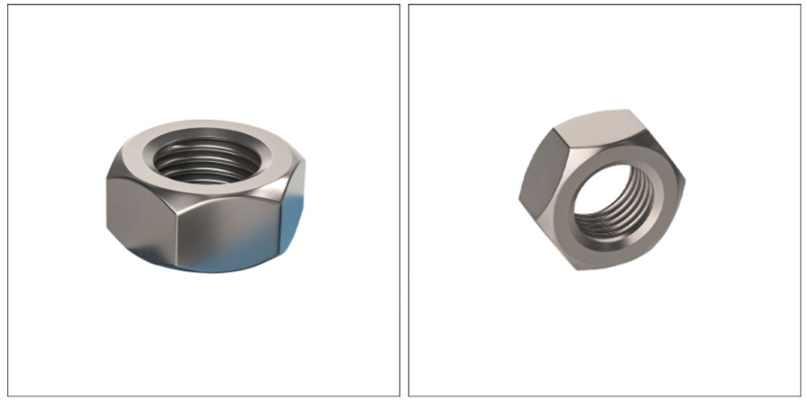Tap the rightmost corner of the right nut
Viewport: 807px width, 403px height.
point(684,181)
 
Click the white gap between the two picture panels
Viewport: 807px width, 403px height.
point(404,201)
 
